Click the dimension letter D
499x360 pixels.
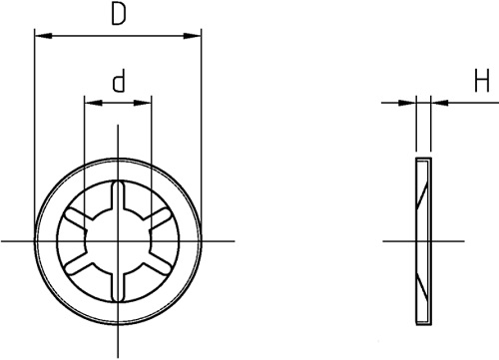(x=119, y=15)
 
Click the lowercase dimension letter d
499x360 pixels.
(x=119, y=81)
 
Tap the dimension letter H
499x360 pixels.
(x=482, y=81)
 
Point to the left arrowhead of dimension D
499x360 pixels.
(x=44, y=36)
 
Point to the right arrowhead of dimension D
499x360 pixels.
(x=193, y=36)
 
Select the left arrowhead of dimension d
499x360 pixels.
(x=94, y=103)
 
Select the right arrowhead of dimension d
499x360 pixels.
(x=143, y=103)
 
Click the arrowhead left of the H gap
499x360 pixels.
(x=407, y=103)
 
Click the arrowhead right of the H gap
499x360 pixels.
(x=439, y=103)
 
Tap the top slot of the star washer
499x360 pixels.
(x=118, y=196)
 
